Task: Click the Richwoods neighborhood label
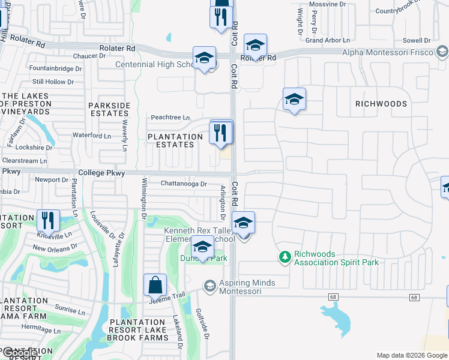(x=381, y=104)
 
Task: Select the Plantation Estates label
(x=175, y=140)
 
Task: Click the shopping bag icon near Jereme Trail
(x=155, y=286)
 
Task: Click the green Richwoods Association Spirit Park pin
(x=285, y=257)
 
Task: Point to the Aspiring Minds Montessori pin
(x=209, y=286)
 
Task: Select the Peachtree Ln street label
(x=170, y=118)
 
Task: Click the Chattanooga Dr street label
(x=184, y=184)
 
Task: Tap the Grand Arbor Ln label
(x=327, y=40)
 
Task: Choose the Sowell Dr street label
(x=417, y=40)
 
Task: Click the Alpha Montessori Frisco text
(x=387, y=52)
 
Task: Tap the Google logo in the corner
(x=19, y=353)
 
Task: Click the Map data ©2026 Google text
(x=411, y=355)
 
